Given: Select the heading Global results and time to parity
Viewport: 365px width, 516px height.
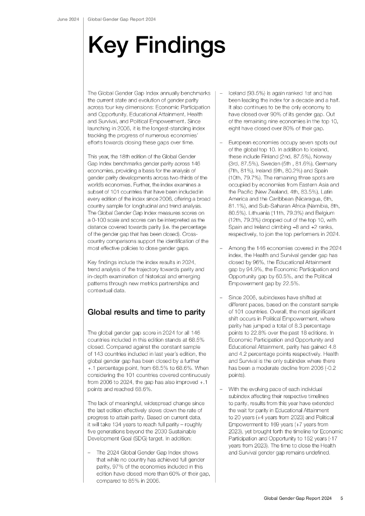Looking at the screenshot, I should (x=147, y=312).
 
